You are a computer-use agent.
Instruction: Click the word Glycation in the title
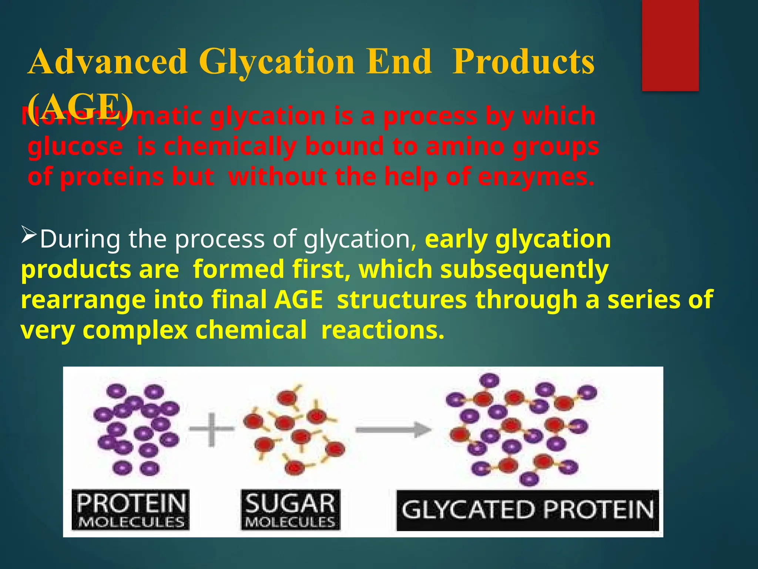pos(277,62)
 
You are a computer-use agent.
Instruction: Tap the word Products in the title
pos(523,62)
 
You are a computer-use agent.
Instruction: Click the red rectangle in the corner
pos(670,45)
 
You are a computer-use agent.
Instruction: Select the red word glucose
pos(75,147)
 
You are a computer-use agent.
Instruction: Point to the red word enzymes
pos(536,177)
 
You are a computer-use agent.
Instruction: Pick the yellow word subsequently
pos(524,270)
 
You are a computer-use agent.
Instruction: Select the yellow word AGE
pos(298,300)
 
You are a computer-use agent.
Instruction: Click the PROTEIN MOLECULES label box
pos(130,510)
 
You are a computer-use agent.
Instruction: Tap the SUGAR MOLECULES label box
pos(290,510)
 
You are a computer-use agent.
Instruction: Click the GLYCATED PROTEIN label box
pos(527,510)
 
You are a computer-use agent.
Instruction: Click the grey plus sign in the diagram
pos(211,430)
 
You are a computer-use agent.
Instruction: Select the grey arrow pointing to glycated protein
pos(393,430)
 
